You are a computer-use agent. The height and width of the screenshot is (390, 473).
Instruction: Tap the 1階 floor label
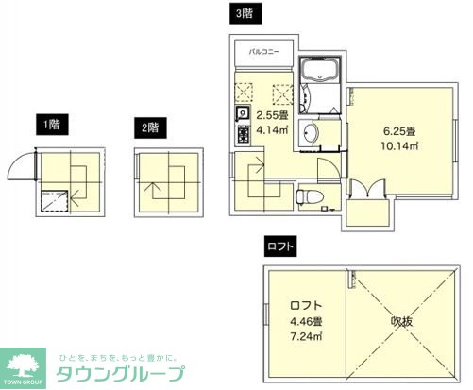tap(47, 123)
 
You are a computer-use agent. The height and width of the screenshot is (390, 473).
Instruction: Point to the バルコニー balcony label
tap(264, 53)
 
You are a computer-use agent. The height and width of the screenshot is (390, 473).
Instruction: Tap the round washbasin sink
tap(313, 132)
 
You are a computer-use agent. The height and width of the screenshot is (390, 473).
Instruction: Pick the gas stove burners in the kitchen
tap(242, 134)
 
